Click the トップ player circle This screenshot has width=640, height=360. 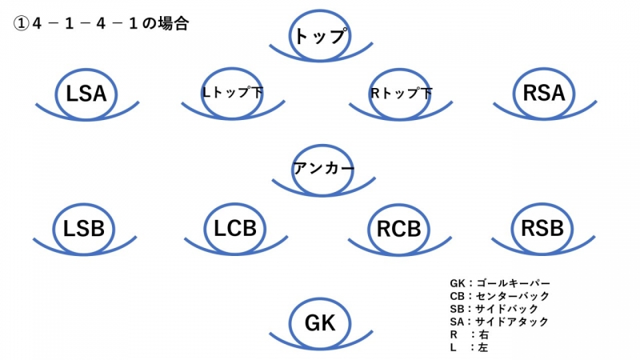[x=320, y=36]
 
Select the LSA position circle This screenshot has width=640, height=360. [x=86, y=94]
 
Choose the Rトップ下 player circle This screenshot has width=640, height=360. [x=402, y=94]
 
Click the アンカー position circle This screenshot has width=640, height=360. [x=323, y=169]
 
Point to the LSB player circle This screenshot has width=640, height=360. [x=84, y=228]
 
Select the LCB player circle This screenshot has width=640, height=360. [x=235, y=228]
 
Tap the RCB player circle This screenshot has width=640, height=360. [x=398, y=228]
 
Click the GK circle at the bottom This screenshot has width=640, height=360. [x=320, y=322]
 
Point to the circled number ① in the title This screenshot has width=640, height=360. [x=22, y=24]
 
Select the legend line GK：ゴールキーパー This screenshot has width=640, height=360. [x=500, y=283]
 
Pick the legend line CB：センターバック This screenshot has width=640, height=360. [x=500, y=296]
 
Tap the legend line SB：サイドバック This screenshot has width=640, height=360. [x=494, y=309]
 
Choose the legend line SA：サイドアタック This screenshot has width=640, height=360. [x=499, y=322]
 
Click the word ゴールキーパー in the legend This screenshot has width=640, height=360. [x=514, y=283]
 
